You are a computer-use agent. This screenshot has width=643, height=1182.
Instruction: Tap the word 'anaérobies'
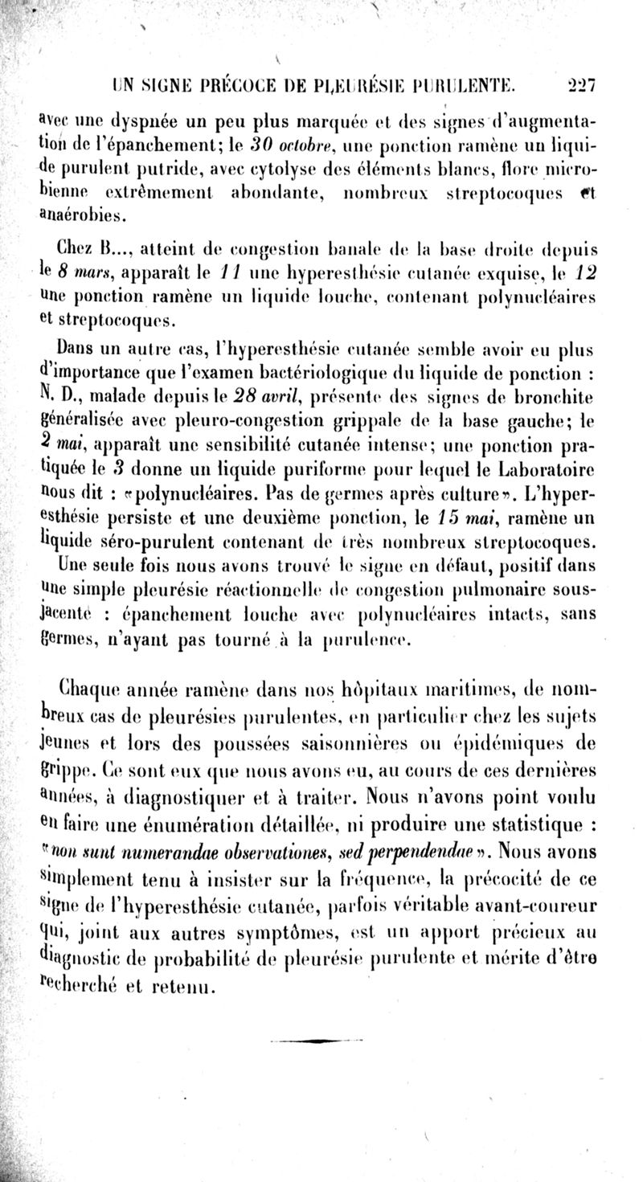[82, 215]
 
